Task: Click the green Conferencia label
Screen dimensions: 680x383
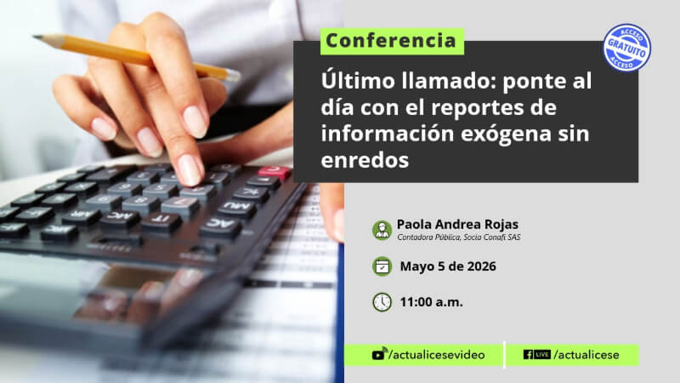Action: [x=392, y=41]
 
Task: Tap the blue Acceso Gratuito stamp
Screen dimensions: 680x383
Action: [x=626, y=48]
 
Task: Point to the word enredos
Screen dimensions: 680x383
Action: [x=365, y=160]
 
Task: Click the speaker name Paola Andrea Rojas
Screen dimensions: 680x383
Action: [x=457, y=225]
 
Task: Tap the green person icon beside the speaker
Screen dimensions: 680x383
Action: [x=382, y=230]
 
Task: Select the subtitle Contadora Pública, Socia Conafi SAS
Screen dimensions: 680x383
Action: [x=459, y=237]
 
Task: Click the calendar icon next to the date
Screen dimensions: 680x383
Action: [x=382, y=266]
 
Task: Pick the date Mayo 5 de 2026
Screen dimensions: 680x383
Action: [x=448, y=266]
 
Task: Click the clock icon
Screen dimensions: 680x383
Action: [x=382, y=302]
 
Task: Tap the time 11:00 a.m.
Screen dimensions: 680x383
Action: [x=431, y=302]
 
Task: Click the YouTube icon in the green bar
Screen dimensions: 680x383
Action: [x=378, y=354]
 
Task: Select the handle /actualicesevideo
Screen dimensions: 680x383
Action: [x=437, y=355]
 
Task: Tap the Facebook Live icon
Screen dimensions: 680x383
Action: [x=537, y=354]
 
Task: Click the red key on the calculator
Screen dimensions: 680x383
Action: [x=274, y=172]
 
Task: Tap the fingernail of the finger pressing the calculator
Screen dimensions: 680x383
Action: [x=190, y=169]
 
